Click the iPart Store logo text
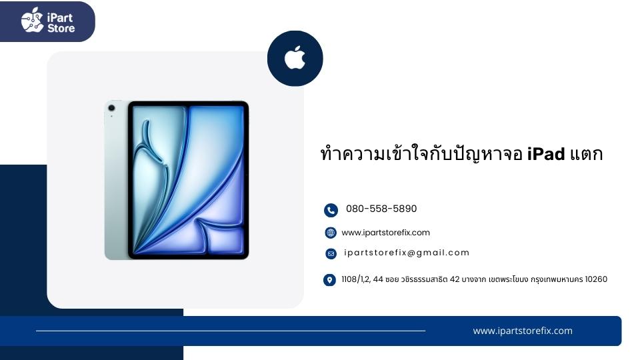(x=61, y=23)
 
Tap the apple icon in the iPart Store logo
(x=32, y=20)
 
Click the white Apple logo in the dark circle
(x=295, y=57)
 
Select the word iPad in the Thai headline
(x=546, y=154)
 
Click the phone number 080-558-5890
(x=381, y=209)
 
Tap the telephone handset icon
(x=331, y=210)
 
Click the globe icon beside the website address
(x=331, y=233)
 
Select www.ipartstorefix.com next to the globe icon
(x=386, y=233)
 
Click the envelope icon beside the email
(x=331, y=254)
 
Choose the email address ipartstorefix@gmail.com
(x=407, y=253)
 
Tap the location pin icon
(x=329, y=280)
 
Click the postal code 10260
(x=596, y=279)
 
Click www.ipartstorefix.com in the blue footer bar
(x=523, y=331)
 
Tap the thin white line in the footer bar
(x=231, y=331)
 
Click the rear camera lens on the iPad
(x=111, y=108)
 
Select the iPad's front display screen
(x=188, y=180)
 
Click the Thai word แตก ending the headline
(x=586, y=154)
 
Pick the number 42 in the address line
(x=455, y=279)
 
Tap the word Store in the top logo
(x=61, y=28)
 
